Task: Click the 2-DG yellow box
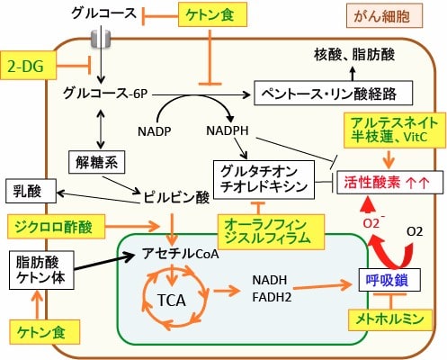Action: tap(28, 66)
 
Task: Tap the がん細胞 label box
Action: tap(384, 15)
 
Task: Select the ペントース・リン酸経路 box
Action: tap(333, 93)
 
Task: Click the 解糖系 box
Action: tap(96, 162)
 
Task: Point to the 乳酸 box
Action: tap(31, 191)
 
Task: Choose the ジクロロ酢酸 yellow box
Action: tap(56, 227)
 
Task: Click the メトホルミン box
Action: tap(390, 320)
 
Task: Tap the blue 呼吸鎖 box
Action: tap(389, 280)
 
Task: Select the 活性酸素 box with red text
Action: tap(389, 182)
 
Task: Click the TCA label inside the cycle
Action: tap(172, 301)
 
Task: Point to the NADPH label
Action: tap(228, 130)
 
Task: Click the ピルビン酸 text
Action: tap(176, 198)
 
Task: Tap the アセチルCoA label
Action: tap(181, 254)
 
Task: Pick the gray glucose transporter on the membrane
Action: tap(101, 39)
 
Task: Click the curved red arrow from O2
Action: tap(390, 252)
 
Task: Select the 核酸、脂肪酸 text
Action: tap(354, 55)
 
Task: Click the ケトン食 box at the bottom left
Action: tap(44, 332)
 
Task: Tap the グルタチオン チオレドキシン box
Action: tap(264, 179)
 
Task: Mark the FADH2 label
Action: tap(272, 297)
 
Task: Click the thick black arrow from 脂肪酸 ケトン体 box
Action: tap(103, 262)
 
